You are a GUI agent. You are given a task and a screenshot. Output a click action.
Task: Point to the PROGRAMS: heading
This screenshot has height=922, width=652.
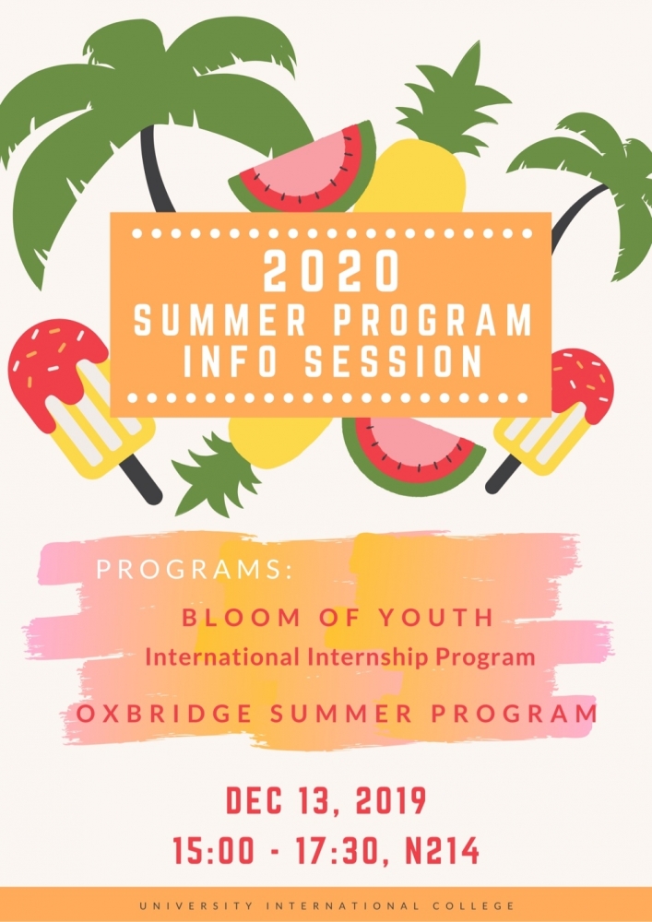click(195, 570)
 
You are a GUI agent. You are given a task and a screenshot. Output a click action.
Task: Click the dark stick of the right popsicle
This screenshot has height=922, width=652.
click(504, 472)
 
